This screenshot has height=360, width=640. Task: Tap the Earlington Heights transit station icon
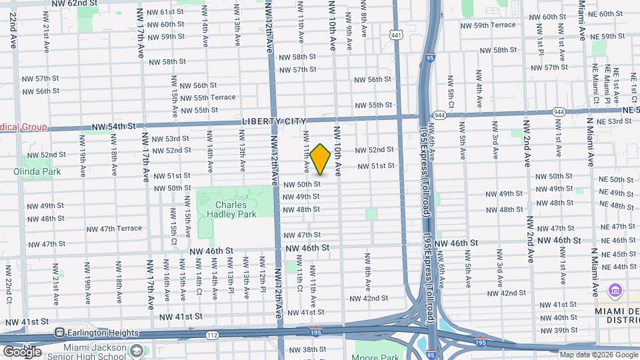pyautogui.click(x=60, y=333)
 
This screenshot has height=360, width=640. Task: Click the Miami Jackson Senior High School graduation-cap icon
pyautogui.click(x=137, y=350)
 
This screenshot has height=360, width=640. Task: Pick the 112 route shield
pyautogui.click(x=211, y=335)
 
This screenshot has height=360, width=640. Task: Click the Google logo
pyautogui.click(x=22, y=351)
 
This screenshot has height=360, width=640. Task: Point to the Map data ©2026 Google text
pyautogui.click(x=597, y=355)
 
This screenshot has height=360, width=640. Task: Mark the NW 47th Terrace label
pyautogui.click(x=114, y=229)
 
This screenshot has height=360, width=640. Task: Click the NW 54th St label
pyautogui.click(x=113, y=126)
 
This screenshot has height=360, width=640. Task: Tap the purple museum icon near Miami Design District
pyautogui.click(x=615, y=291)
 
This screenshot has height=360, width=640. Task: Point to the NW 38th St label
pyautogui.click(x=306, y=349)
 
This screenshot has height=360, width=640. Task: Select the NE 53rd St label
pyautogui.click(x=615, y=121)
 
